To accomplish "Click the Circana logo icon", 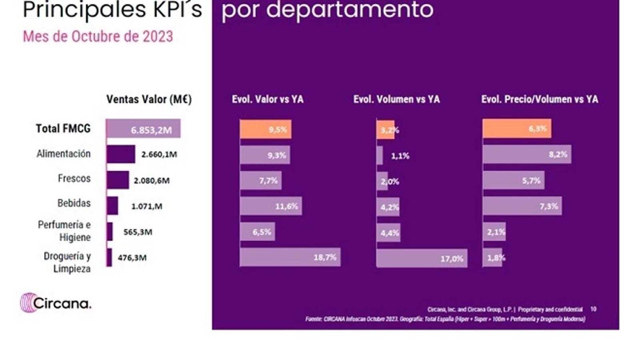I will (28, 302).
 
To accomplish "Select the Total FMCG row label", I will (63, 128).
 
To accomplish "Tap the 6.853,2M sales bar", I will (143, 129).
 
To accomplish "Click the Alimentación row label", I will (63, 154).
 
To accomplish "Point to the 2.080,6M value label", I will (152, 181).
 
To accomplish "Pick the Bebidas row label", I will (74, 203).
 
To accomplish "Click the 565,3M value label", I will (138, 232).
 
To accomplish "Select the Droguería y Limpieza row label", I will (67, 262).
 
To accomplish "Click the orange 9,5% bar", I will (266, 129).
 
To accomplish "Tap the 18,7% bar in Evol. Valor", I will (290, 257).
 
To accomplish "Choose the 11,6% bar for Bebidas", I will (271, 206).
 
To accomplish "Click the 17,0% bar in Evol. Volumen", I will (422, 258).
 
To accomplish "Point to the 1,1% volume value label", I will (400, 156).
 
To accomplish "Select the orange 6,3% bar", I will (517, 129).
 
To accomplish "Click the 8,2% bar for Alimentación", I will (527, 155).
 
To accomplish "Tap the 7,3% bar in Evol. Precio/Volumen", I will (522, 206).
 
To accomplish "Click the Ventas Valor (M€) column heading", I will (149, 99).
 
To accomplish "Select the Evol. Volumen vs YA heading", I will (396, 99).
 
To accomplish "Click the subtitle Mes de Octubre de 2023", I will (98, 36).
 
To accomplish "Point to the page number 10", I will (593, 309).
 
